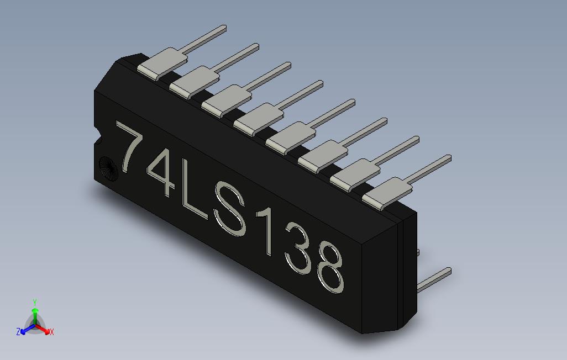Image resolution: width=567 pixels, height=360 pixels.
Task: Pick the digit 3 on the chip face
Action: [297, 252]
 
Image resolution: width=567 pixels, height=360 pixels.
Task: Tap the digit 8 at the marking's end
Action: [330, 269]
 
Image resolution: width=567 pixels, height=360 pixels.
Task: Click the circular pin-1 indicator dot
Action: [107, 167]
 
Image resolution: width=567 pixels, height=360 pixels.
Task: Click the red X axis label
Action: [51, 332]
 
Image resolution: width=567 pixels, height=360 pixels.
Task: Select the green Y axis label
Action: [34, 303]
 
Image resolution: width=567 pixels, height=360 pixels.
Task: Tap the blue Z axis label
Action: [18, 332]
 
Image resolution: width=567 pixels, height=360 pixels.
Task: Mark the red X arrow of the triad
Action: [44, 329]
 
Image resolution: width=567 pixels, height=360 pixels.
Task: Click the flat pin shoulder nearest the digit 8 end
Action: [387, 192]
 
